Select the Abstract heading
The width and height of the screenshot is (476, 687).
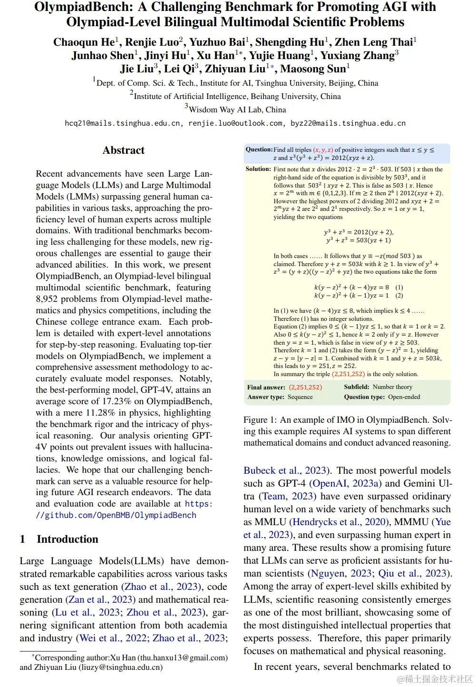124,150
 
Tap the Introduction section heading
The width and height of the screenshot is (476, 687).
68,539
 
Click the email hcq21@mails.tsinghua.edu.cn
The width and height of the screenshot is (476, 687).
123,123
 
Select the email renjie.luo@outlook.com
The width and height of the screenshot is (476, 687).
235,123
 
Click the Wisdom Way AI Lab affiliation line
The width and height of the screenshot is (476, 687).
237,110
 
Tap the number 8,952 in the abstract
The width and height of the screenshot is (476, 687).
51,299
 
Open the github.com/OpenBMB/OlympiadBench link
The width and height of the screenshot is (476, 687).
116,515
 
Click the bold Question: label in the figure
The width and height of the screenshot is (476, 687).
259,149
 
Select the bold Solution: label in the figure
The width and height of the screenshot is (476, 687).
258,169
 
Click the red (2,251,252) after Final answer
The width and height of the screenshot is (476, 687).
305,387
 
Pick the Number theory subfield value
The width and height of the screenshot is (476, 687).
392,387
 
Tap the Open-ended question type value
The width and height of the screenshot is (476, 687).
404,397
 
